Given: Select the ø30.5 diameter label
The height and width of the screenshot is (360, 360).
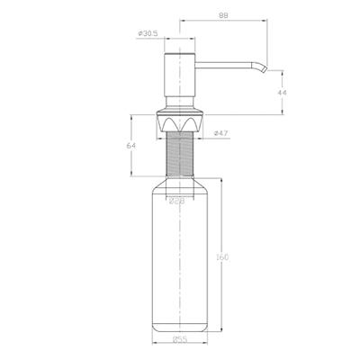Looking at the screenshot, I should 148,33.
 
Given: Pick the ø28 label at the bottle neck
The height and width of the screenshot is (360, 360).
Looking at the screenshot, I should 180,201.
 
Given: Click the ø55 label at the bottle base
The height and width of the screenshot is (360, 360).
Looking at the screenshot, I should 181,339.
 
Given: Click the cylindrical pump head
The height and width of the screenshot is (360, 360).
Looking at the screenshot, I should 181,76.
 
